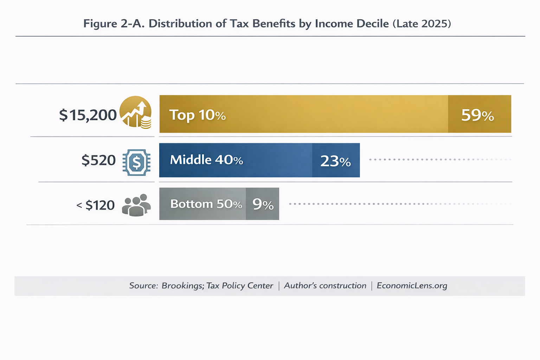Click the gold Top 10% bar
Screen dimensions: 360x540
[x=316, y=114]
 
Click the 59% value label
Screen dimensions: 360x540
[x=477, y=115]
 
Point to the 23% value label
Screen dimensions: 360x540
[x=335, y=161]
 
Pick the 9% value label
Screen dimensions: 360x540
[x=263, y=204]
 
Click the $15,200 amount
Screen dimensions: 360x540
[x=88, y=115]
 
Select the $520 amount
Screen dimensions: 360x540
[x=98, y=160]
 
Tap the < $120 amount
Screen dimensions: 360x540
[x=96, y=205]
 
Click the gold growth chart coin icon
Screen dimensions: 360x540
[x=136, y=112]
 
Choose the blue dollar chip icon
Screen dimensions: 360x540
[x=136, y=162]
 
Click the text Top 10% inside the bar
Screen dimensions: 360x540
[x=197, y=115]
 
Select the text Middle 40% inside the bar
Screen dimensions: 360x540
[x=206, y=160]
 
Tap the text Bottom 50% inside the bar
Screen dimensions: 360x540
[x=206, y=204]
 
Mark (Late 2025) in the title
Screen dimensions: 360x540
[x=422, y=24]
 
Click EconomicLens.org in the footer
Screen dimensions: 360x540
[x=412, y=285]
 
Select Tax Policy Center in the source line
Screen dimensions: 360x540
[x=239, y=285]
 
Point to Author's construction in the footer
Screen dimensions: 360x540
[x=325, y=285]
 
